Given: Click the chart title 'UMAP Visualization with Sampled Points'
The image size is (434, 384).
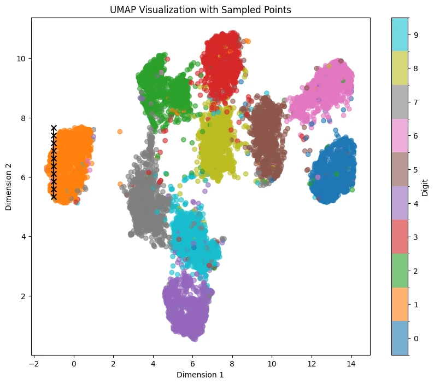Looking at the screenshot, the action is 201,10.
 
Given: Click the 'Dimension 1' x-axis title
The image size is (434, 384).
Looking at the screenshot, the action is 200,375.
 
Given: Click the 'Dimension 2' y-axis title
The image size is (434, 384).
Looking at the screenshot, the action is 8,187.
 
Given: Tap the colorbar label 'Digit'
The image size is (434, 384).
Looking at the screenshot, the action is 425,187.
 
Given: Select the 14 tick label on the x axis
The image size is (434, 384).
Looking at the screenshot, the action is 351,364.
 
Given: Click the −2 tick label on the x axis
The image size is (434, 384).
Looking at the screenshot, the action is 34,364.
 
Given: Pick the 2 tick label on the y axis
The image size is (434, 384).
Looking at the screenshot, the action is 23,296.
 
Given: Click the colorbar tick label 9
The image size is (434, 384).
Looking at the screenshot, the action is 416,35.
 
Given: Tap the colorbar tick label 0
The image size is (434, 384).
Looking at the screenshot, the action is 416,339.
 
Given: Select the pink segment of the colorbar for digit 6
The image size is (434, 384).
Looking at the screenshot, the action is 400,136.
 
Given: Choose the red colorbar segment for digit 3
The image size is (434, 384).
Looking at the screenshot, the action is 400,237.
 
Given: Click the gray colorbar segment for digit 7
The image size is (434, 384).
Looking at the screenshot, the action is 400,102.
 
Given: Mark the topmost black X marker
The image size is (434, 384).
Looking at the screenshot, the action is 54,128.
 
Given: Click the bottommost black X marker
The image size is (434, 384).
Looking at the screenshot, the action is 54,197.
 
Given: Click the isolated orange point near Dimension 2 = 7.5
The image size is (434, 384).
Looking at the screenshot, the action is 120,131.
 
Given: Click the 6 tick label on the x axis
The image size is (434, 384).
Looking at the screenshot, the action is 192,364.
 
